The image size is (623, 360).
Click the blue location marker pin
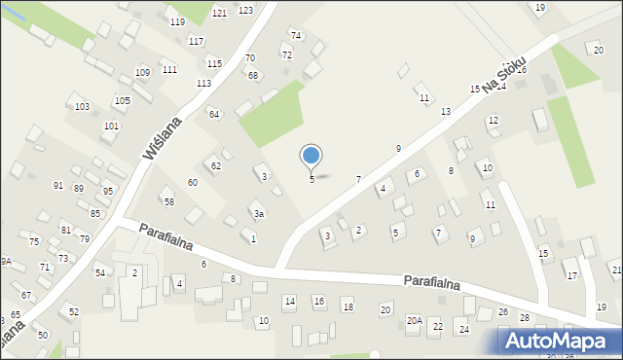point(311,156)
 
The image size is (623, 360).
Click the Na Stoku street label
point(503,74)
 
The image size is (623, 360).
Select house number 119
point(177,22)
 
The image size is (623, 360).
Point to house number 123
point(245,11)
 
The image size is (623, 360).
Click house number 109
point(142,73)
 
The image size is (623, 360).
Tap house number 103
point(82,107)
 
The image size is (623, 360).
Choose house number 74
point(296,36)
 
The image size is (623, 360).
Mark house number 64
point(214,115)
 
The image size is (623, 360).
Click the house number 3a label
point(258,214)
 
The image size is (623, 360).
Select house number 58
point(168,202)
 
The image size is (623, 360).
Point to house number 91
point(58,186)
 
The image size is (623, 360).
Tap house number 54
point(100,273)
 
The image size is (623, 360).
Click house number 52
point(74,312)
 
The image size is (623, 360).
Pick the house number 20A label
point(414,321)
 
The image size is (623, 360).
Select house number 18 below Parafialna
point(348,308)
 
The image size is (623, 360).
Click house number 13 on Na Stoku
point(446,113)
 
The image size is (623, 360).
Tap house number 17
point(572,276)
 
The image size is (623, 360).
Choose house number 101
point(112,126)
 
